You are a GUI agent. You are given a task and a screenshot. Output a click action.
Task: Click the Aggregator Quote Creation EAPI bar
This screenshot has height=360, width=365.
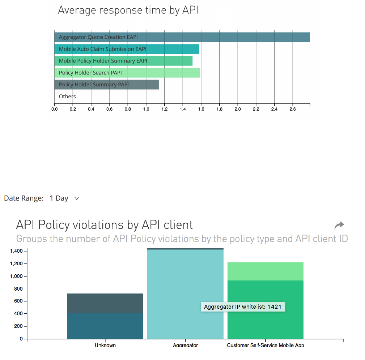(182, 37)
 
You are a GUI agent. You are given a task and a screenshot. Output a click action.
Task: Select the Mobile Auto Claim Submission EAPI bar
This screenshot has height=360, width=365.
(127, 49)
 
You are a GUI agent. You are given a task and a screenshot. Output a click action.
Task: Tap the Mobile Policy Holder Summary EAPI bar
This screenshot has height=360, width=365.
(123, 61)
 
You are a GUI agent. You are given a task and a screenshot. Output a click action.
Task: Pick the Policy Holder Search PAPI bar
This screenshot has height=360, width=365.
(127, 73)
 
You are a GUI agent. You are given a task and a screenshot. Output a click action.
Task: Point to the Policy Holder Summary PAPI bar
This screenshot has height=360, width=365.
(106, 85)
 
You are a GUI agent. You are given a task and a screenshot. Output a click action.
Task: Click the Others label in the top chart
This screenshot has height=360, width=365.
(67, 97)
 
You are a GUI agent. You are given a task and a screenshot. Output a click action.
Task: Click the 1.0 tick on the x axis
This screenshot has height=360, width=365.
(146, 109)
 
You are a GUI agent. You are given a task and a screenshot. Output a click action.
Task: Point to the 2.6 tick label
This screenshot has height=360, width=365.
(293, 109)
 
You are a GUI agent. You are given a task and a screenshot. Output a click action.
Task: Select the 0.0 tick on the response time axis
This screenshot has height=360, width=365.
(54, 109)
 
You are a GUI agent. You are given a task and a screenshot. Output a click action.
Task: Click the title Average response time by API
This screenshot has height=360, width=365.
(128, 10)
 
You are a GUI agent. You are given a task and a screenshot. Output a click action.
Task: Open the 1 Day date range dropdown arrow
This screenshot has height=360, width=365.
(76, 198)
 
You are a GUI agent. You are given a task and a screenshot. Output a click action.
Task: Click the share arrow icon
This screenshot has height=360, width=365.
(339, 226)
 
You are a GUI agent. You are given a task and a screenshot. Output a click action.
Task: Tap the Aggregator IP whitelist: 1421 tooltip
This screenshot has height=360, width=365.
(243, 307)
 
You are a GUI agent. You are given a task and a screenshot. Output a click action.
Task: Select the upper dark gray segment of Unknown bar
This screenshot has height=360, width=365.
(105, 303)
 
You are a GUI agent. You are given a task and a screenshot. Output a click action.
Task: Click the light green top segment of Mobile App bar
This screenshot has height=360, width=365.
(266, 271)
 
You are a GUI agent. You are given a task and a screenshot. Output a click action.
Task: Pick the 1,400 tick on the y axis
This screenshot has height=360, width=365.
(18, 251)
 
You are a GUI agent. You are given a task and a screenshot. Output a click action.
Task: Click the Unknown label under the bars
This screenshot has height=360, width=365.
(105, 345)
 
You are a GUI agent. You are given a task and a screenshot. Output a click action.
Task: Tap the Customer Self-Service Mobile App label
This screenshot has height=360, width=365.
(266, 345)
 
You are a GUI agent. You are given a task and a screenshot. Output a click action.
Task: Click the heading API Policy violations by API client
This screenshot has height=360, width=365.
(105, 225)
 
